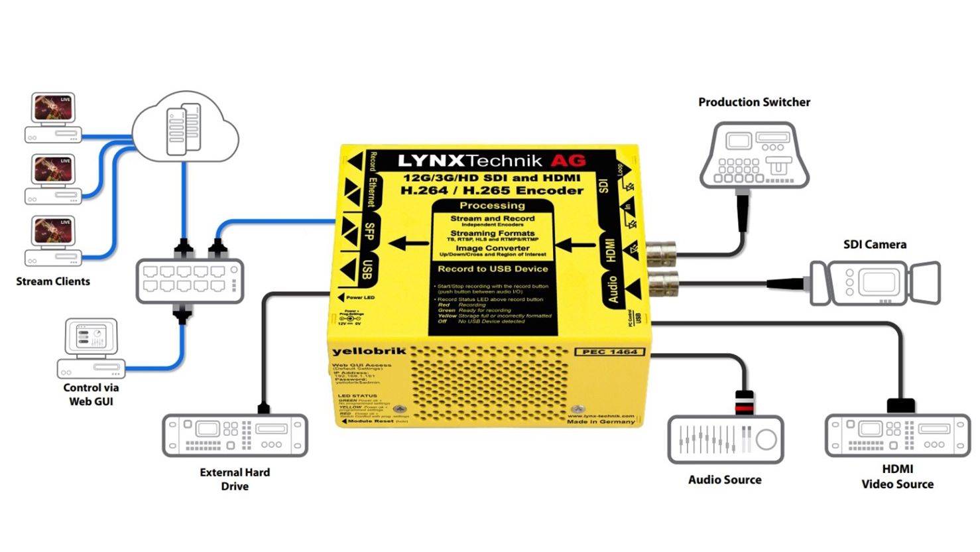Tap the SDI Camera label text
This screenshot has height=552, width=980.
[x=874, y=244]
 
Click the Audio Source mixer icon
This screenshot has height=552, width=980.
[x=725, y=439]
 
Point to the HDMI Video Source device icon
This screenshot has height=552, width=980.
[x=897, y=435]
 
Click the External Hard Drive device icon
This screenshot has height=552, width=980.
[x=235, y=435]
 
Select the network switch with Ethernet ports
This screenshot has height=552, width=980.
[x=190, y=281]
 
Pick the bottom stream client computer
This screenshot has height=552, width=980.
[x=53, y=240]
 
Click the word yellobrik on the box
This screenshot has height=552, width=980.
[x=368, y=351]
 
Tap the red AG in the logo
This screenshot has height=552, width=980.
[x=568, y=161]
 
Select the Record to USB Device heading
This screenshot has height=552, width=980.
[x=493, y=269]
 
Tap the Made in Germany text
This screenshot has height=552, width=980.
[x=600, y=421]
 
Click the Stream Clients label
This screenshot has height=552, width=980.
[x=53, y=281]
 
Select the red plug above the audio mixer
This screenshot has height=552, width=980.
[x=745, y=402]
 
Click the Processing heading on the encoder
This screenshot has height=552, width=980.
[x=492, y=206]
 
